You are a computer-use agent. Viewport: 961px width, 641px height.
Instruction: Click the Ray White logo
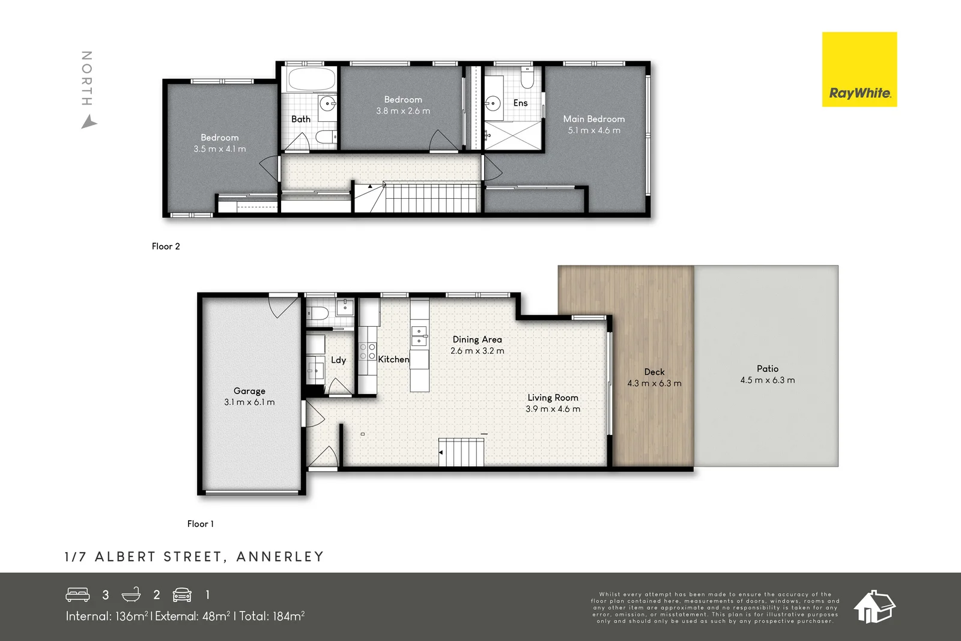pos(859,70)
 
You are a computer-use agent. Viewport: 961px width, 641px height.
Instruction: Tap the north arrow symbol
pos(89,123)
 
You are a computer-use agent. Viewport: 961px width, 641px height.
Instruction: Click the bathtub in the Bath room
pos(311,79)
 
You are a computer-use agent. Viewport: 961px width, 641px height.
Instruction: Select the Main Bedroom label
pos(593,119)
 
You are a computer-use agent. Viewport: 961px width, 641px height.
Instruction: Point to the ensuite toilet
pos(527,78)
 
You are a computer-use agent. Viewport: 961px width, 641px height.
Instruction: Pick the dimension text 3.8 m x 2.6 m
pos(403,111)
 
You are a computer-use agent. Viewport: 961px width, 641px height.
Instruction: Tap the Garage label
pos(249,391)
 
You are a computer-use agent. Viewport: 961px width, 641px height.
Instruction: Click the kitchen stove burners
pos(367,351)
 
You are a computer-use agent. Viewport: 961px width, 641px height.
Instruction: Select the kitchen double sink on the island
pos(419,336)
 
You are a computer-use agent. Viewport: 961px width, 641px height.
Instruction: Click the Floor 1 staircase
pos(462,452)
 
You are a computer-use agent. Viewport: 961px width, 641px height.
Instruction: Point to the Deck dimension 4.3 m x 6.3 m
pos(654,383)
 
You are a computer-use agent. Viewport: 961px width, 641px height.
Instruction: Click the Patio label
pos(767,369)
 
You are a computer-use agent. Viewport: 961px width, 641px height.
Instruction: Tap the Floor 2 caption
pos(166,246)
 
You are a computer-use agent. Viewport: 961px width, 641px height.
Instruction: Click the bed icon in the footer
pos(77,595)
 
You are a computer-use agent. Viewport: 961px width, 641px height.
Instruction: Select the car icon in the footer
pos(182,595)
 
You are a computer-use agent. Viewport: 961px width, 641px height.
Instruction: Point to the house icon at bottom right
pos(874,606)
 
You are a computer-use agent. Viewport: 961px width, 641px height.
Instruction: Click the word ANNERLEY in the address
pos(280,557)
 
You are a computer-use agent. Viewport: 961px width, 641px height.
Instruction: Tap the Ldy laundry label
pos(338,360)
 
